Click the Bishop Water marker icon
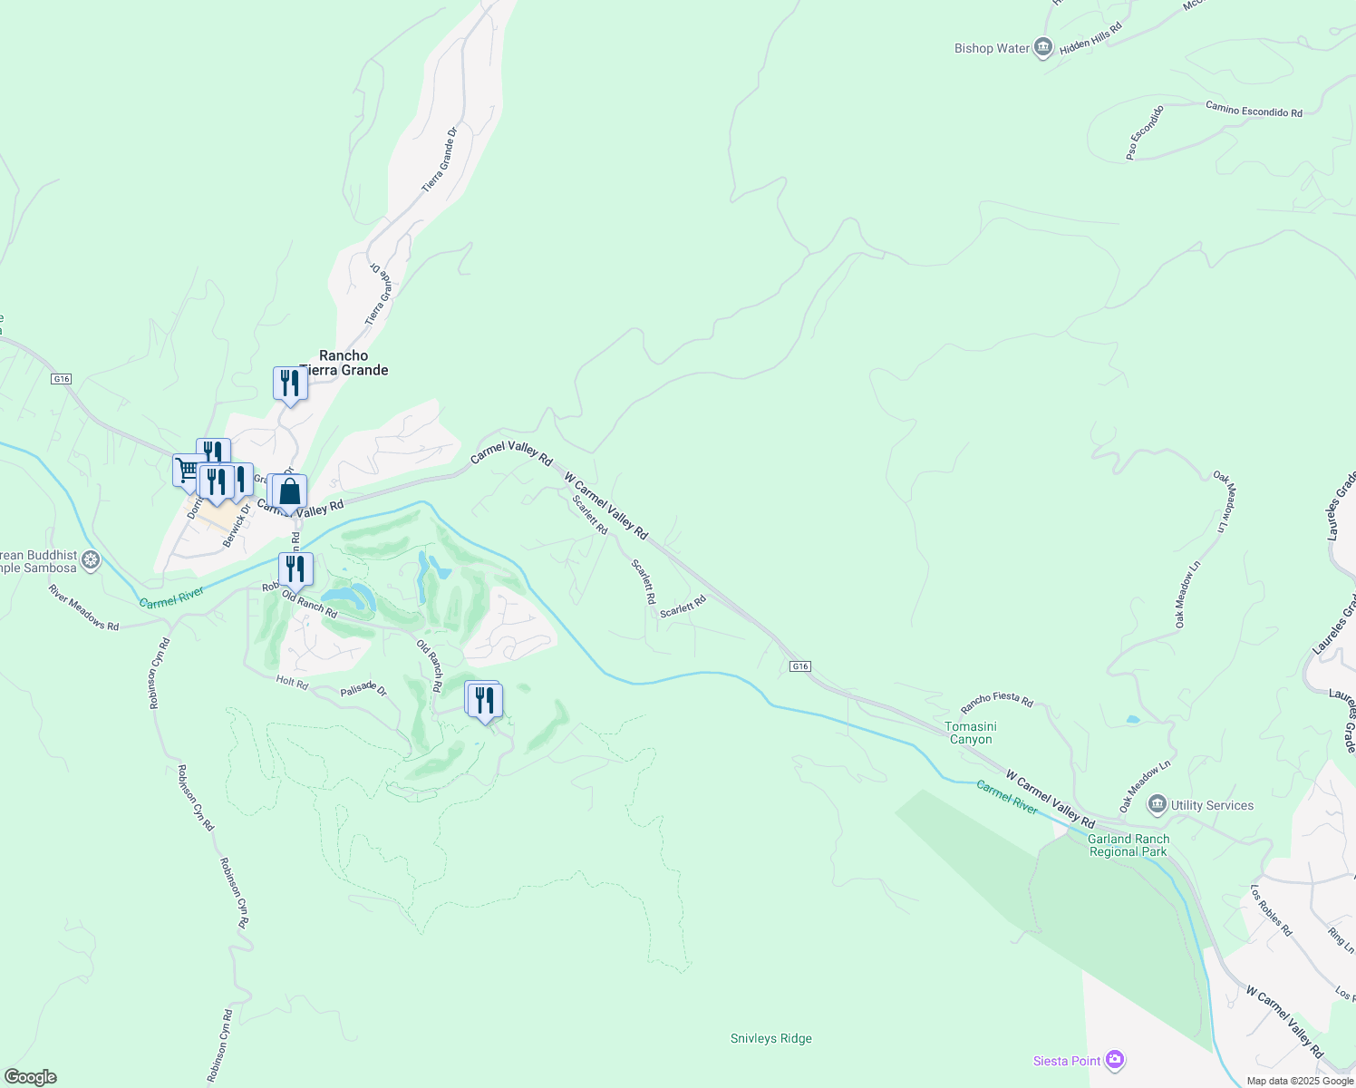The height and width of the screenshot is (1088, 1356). click(1043, 48)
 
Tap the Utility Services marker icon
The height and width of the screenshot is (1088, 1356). click(1157, 804)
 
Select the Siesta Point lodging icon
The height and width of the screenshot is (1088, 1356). click(1115, 1060)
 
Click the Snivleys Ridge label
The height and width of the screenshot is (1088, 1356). click(771, 1038)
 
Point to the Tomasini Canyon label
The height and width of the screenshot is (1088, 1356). click(971, 733)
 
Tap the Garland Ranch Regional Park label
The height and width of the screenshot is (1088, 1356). click(1128, 845)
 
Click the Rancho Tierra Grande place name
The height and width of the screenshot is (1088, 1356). click(344, 363)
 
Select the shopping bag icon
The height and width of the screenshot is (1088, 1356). click(290, 492)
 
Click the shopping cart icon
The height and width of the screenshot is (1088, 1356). click(188, 470)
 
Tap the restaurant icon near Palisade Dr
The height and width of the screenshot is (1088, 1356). click(486, 700)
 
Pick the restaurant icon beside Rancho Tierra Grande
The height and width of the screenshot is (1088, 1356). click(290, 383)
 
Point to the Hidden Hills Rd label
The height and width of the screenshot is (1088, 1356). click(1090, 38)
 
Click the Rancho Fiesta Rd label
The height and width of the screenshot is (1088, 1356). click(997, 701)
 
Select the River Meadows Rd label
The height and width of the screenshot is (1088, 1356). click(83, 607)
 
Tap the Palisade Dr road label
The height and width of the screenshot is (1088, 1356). click(363, 689)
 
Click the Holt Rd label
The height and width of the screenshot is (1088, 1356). click(292, 682)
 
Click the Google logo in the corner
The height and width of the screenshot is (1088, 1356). click(31, 1076)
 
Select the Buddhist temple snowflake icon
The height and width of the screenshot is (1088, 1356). click(91, 560)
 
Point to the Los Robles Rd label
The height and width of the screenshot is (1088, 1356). click(1271, 910)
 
